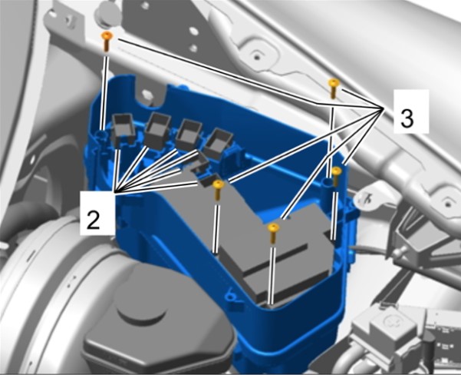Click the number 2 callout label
(93, 221)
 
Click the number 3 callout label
(407, 118)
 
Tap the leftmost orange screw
(107, 41)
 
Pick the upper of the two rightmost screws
(334, 88)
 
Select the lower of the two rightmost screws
(336, 176)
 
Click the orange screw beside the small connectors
(218, 190)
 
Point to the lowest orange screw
(273, 233)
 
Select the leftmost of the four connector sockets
(123, 130)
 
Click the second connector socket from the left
(157, 130)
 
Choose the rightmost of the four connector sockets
(218, 143)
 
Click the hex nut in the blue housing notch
(147, 95)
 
